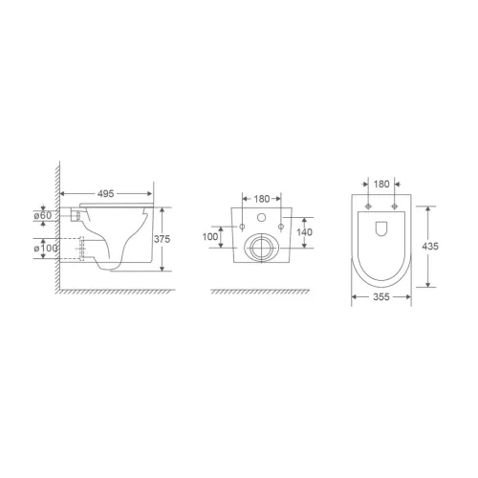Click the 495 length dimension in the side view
(107, 193)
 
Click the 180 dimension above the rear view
(260, 198)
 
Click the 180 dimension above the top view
(380, 183)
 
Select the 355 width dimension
(380, 308)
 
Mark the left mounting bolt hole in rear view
(242, 226)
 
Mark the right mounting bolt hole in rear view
(280, 226)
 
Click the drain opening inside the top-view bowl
(380, 230)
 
